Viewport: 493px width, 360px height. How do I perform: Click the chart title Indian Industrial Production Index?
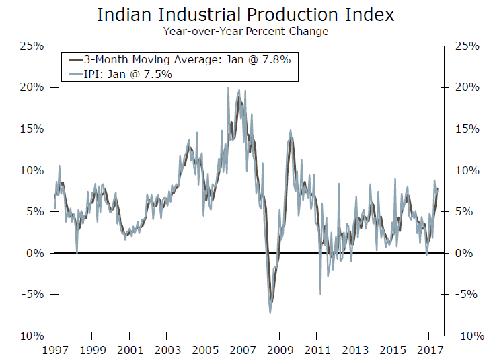(x=245, y=14)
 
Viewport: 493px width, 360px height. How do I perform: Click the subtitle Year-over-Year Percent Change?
(x=245, y=30)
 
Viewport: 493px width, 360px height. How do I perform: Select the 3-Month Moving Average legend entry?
(x=182, y=60)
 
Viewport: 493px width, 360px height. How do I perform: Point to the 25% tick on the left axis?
(x=32, y=46)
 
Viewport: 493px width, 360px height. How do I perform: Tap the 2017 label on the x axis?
(x=428, y=350)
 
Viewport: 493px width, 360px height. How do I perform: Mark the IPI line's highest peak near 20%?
(x=228, y=88)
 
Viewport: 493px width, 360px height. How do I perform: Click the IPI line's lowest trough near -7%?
(x=270, y=312)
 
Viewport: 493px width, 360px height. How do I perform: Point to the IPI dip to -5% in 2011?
(x=320, y=293)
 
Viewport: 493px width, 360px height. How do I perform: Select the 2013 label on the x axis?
(x=354, y=350)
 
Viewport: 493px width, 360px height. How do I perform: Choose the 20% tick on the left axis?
(x=32, y=87)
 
